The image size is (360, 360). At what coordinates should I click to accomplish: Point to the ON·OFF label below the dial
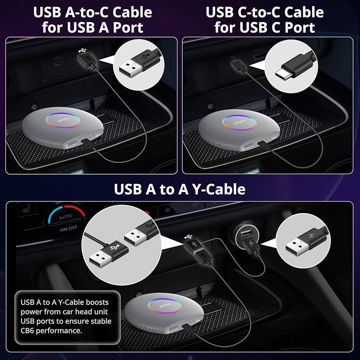coord(66,231)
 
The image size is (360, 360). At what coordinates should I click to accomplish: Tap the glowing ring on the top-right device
coord(239,122)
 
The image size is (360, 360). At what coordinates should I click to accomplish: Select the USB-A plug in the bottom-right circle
coord(298,244)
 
